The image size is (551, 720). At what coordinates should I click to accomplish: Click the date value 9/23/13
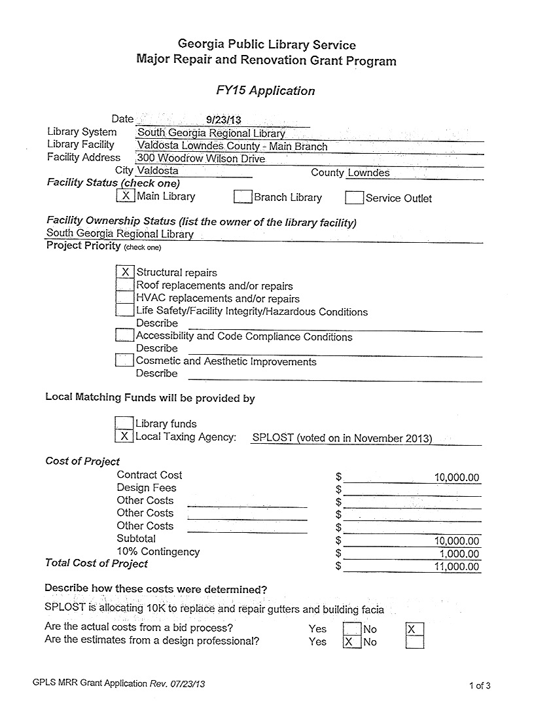[x=224, y=120]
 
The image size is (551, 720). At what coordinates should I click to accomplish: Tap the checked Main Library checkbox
[x=126, y=195]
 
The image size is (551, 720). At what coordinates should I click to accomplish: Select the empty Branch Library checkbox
[x=243, y=196]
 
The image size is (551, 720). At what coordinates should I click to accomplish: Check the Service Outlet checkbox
[x=354, y=197]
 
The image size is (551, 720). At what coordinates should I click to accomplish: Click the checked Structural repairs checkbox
[x=124, y=272]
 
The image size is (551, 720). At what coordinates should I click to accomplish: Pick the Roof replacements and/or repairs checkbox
[x=124, y=285]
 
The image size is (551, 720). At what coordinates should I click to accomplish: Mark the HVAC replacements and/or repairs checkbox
[x=124, y=298]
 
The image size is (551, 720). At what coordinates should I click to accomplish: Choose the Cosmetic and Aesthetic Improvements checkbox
[x=124, y=360]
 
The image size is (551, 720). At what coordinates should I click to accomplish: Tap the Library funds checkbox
[x=124, y=423]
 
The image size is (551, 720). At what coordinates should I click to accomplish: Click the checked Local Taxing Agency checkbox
[x=124, y=436]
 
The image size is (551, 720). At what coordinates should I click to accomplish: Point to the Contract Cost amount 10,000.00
[x=457, y=477]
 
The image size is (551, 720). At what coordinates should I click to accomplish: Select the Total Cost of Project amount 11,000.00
[x=457, y=567]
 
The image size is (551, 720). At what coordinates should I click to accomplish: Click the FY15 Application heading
[x=266, y=91]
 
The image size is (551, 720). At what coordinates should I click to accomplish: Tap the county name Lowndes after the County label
[x=368, y=173]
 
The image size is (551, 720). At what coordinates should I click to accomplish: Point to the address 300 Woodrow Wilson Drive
[x=202, y=158]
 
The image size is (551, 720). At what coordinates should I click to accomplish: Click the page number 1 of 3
[x=480, y=685]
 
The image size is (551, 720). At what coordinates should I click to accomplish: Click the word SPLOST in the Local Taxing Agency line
[x=272, y=438]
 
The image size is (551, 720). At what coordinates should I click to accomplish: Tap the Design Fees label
[x=147, y=488]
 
